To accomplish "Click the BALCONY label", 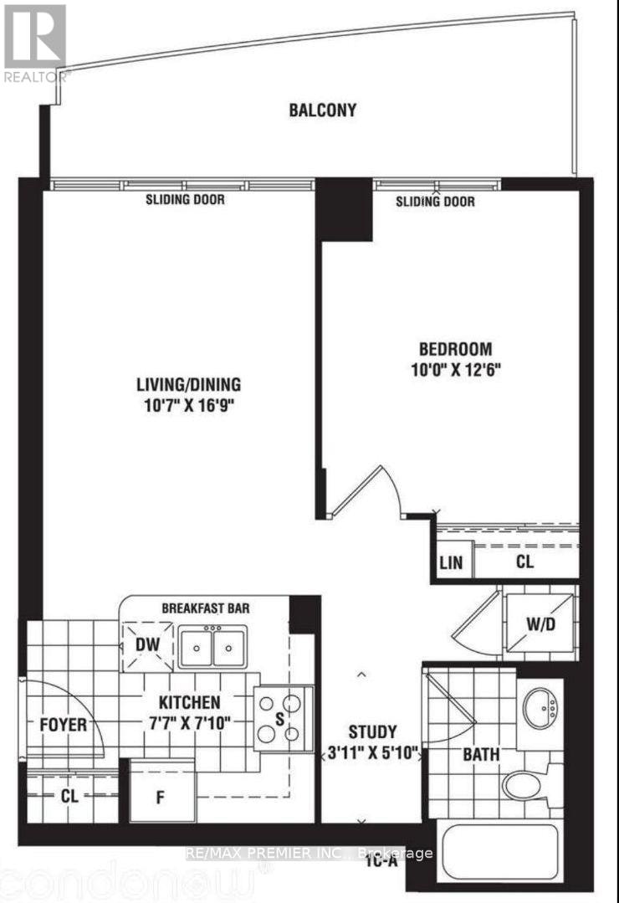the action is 322,110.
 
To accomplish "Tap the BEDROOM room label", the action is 456,349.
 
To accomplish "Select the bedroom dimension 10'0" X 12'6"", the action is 456,370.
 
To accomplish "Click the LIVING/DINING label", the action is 189,385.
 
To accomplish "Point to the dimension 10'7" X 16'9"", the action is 190,406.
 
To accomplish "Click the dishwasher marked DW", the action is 147,646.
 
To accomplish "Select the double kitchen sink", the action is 213,648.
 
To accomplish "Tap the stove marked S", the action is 280,718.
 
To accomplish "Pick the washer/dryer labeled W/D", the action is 540,623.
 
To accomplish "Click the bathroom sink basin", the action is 540,708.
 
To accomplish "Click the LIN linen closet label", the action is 451,562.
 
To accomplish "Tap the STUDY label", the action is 372,732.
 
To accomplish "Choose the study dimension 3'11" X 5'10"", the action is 372,753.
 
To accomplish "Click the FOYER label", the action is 64,725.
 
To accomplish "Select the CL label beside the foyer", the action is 69,797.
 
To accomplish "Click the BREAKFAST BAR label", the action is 206,608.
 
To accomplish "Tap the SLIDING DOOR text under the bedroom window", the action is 435,202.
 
